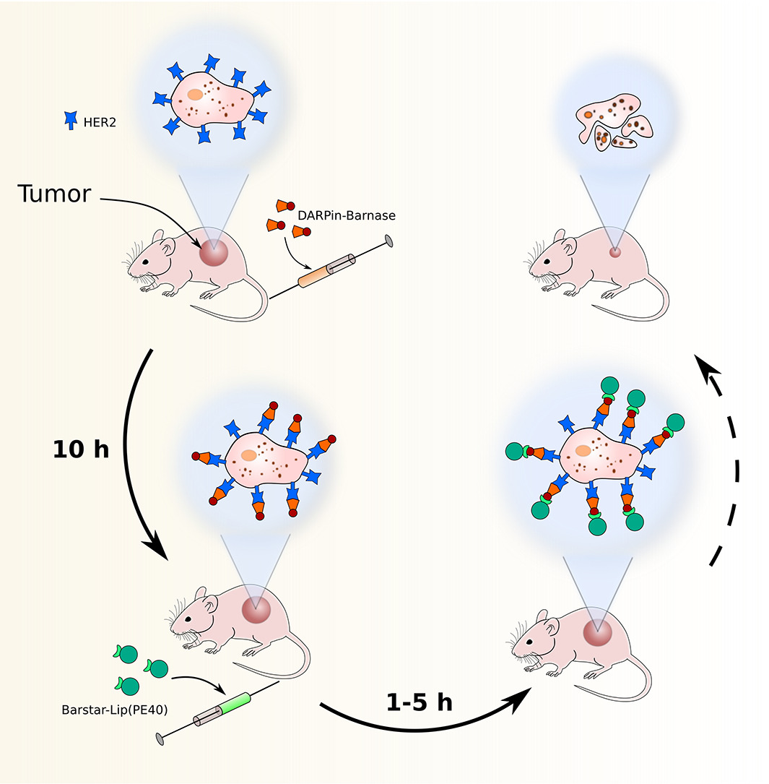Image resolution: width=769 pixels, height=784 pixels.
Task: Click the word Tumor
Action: (54, 194)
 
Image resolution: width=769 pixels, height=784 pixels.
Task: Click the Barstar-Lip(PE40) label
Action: (115, 710)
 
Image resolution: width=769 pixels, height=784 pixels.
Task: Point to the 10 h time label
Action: (80, 449)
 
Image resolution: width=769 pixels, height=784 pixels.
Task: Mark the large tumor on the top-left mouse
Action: (214, 253)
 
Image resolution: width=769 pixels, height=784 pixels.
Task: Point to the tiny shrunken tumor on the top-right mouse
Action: (614, 252)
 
